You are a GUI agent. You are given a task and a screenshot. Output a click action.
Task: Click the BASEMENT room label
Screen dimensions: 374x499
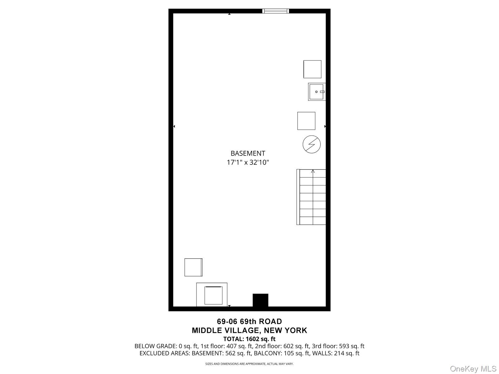248,153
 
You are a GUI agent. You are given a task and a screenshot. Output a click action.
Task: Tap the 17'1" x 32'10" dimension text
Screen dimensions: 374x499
248,162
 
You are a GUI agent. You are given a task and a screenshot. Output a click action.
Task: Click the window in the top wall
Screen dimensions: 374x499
276,11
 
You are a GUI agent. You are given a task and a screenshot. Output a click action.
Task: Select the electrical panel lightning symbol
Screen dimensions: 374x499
312,144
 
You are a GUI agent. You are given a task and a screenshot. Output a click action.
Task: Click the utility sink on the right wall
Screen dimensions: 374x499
317,92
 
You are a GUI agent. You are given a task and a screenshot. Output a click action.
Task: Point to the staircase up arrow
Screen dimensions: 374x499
313,171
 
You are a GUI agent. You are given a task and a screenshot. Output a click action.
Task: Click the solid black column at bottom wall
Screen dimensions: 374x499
260,300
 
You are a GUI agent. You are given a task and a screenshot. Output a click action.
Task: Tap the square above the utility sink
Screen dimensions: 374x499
312,69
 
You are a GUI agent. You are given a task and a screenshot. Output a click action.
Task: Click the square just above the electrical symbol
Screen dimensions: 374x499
306,121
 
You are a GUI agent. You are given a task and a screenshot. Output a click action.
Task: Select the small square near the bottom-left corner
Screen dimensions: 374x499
193,267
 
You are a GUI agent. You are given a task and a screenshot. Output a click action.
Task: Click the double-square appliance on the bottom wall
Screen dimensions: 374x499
212,295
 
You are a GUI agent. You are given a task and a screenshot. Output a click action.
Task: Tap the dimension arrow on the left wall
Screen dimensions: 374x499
174,126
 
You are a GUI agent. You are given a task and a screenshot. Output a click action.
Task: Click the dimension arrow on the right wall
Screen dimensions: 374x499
325,126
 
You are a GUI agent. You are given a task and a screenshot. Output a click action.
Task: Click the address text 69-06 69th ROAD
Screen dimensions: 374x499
249,321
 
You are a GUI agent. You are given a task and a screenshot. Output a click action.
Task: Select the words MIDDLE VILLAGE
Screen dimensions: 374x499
225,330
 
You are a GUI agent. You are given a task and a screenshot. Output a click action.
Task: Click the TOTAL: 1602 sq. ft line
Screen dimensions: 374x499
249,339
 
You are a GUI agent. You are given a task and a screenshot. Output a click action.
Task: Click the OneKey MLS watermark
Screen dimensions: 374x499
473,369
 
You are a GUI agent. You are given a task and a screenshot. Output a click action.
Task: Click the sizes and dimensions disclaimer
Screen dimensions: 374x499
249,364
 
